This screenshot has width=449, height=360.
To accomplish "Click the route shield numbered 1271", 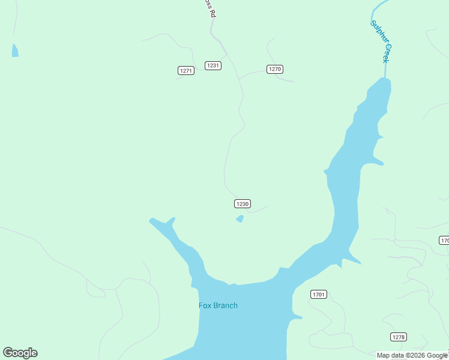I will click(x=186, y=71).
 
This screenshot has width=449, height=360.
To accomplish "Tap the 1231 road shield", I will click(x=212, y=65).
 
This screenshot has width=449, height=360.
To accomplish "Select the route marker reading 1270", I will click(x=275, y=69).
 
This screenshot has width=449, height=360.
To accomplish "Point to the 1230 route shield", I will click(x=242, y=204).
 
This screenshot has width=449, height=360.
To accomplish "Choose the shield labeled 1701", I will click(x=319, y=294).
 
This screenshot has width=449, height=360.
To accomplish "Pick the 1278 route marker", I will click(x=398, y=337).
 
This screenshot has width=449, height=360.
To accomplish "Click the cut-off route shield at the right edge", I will click(x=444, y=241).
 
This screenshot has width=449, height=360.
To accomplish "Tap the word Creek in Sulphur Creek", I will click(x=387, y=53).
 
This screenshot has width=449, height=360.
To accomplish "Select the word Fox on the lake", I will click(x=205, y=305).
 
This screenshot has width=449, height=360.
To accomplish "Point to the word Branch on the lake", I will click(x=226, y=305).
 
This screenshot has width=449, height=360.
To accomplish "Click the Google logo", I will click(x=20, y=353).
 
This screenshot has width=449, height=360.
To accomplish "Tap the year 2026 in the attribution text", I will click(x=415, y=355).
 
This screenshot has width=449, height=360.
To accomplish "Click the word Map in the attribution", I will click(x=383, y=355).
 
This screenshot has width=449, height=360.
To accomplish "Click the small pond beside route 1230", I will click(x=240, y=219).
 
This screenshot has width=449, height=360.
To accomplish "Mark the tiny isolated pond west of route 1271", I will click(x=14, y=51).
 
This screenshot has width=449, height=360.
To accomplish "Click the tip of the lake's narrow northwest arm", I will click(x=151, y=220).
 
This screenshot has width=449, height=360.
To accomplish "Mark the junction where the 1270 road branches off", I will click(x=240, y=79).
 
